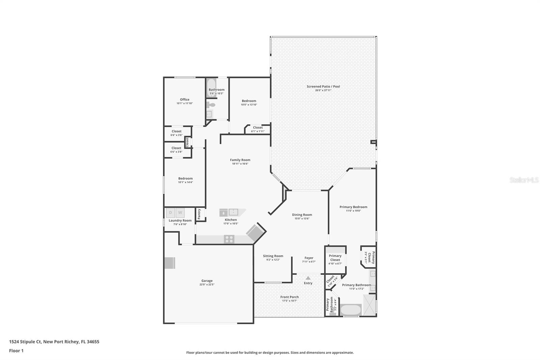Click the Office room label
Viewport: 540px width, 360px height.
[x=185, y=100]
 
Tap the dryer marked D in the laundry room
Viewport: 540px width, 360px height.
[x=170, y=213]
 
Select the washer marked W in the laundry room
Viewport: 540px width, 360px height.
[x=180, y=213]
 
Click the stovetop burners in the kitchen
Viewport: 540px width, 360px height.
[x=229, y=239]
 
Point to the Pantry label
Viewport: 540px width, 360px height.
[x=199, y=214]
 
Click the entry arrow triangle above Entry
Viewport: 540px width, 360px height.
[x=308, y=278]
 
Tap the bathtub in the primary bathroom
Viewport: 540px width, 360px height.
[x=350, y=310]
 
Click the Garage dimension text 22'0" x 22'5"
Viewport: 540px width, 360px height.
[x=207, y=285]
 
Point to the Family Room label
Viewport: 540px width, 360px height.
[x=240, y=160]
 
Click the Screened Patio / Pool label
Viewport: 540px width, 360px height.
[x=323, y=86]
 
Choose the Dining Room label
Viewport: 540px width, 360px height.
[x=302, y=215]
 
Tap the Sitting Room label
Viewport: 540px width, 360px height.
[x=273, y=256]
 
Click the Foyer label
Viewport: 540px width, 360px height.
[x=309, y=258]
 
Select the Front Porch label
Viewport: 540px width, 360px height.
[x=290, y=297]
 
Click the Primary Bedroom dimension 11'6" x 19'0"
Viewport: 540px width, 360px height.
[x=353, y=211]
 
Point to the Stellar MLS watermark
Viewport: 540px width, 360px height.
[x=524, y=180]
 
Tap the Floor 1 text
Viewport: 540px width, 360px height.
[x=16, y=351]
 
